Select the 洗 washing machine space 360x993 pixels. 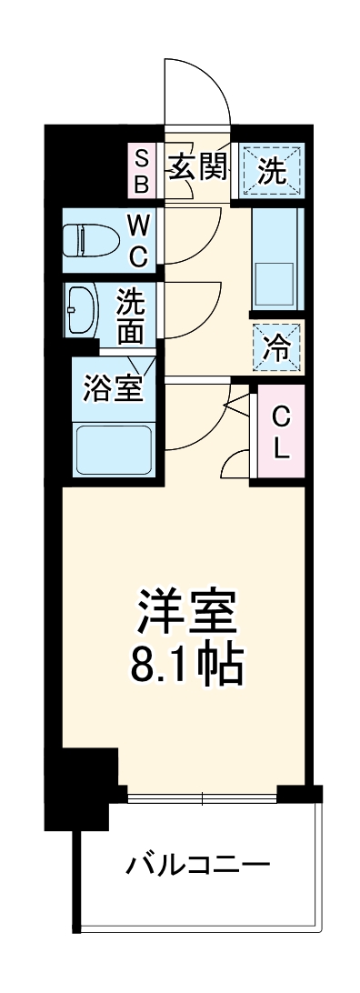[x=271, y=170]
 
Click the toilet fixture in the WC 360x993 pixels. [x=92, y=240]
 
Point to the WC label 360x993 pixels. [x=136, y=240]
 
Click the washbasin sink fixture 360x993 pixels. [x=80, y=312]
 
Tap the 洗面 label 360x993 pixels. [x=131, y=315]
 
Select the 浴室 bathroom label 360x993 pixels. [x=112, y=388]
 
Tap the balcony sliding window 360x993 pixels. [x=202, y=798]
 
